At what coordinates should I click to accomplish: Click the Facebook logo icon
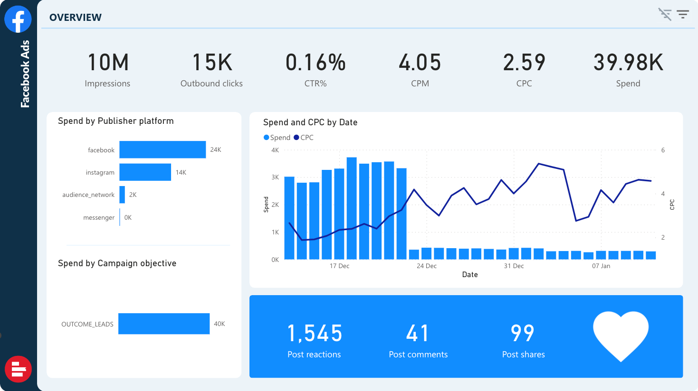pos(18,19)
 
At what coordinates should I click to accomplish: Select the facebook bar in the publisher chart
pos(163,149)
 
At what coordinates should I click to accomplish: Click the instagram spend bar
pos(145,172)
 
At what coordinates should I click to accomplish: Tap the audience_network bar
pos(122,195)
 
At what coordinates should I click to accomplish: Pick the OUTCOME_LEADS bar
pos(164,324)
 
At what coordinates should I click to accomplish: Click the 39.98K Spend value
pos(628,63)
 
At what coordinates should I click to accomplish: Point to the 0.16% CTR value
pos(316,63)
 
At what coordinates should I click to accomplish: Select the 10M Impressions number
pos(108,63)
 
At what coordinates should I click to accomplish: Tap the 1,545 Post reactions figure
pos(315,334)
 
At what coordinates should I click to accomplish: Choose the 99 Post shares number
pos(523,334)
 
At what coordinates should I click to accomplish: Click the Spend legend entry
pos(277,138)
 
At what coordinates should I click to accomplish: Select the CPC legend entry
pos(304,138)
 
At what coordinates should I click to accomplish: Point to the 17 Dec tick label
pos(339,266)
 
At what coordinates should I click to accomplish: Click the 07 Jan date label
pos(601,266)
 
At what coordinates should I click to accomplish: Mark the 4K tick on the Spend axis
pos(275,150)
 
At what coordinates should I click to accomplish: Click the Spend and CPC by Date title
pos(310,122)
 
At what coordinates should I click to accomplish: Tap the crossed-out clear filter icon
pos(665,15)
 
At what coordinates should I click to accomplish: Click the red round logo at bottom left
pos(18,369)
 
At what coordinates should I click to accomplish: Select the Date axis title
pos(470,275)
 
